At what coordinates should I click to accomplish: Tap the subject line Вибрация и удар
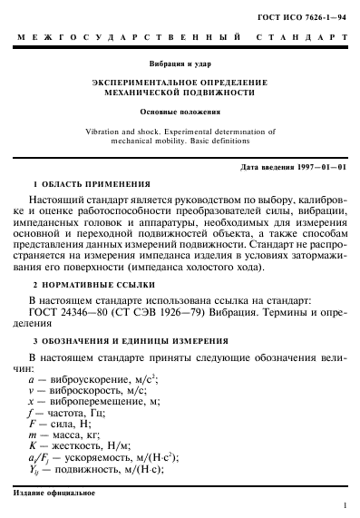[180, 64]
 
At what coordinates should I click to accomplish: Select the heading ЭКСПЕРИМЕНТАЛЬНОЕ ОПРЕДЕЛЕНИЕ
[180, 82]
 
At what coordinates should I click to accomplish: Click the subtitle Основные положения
[180, 112]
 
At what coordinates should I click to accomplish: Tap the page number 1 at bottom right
[346, 505]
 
